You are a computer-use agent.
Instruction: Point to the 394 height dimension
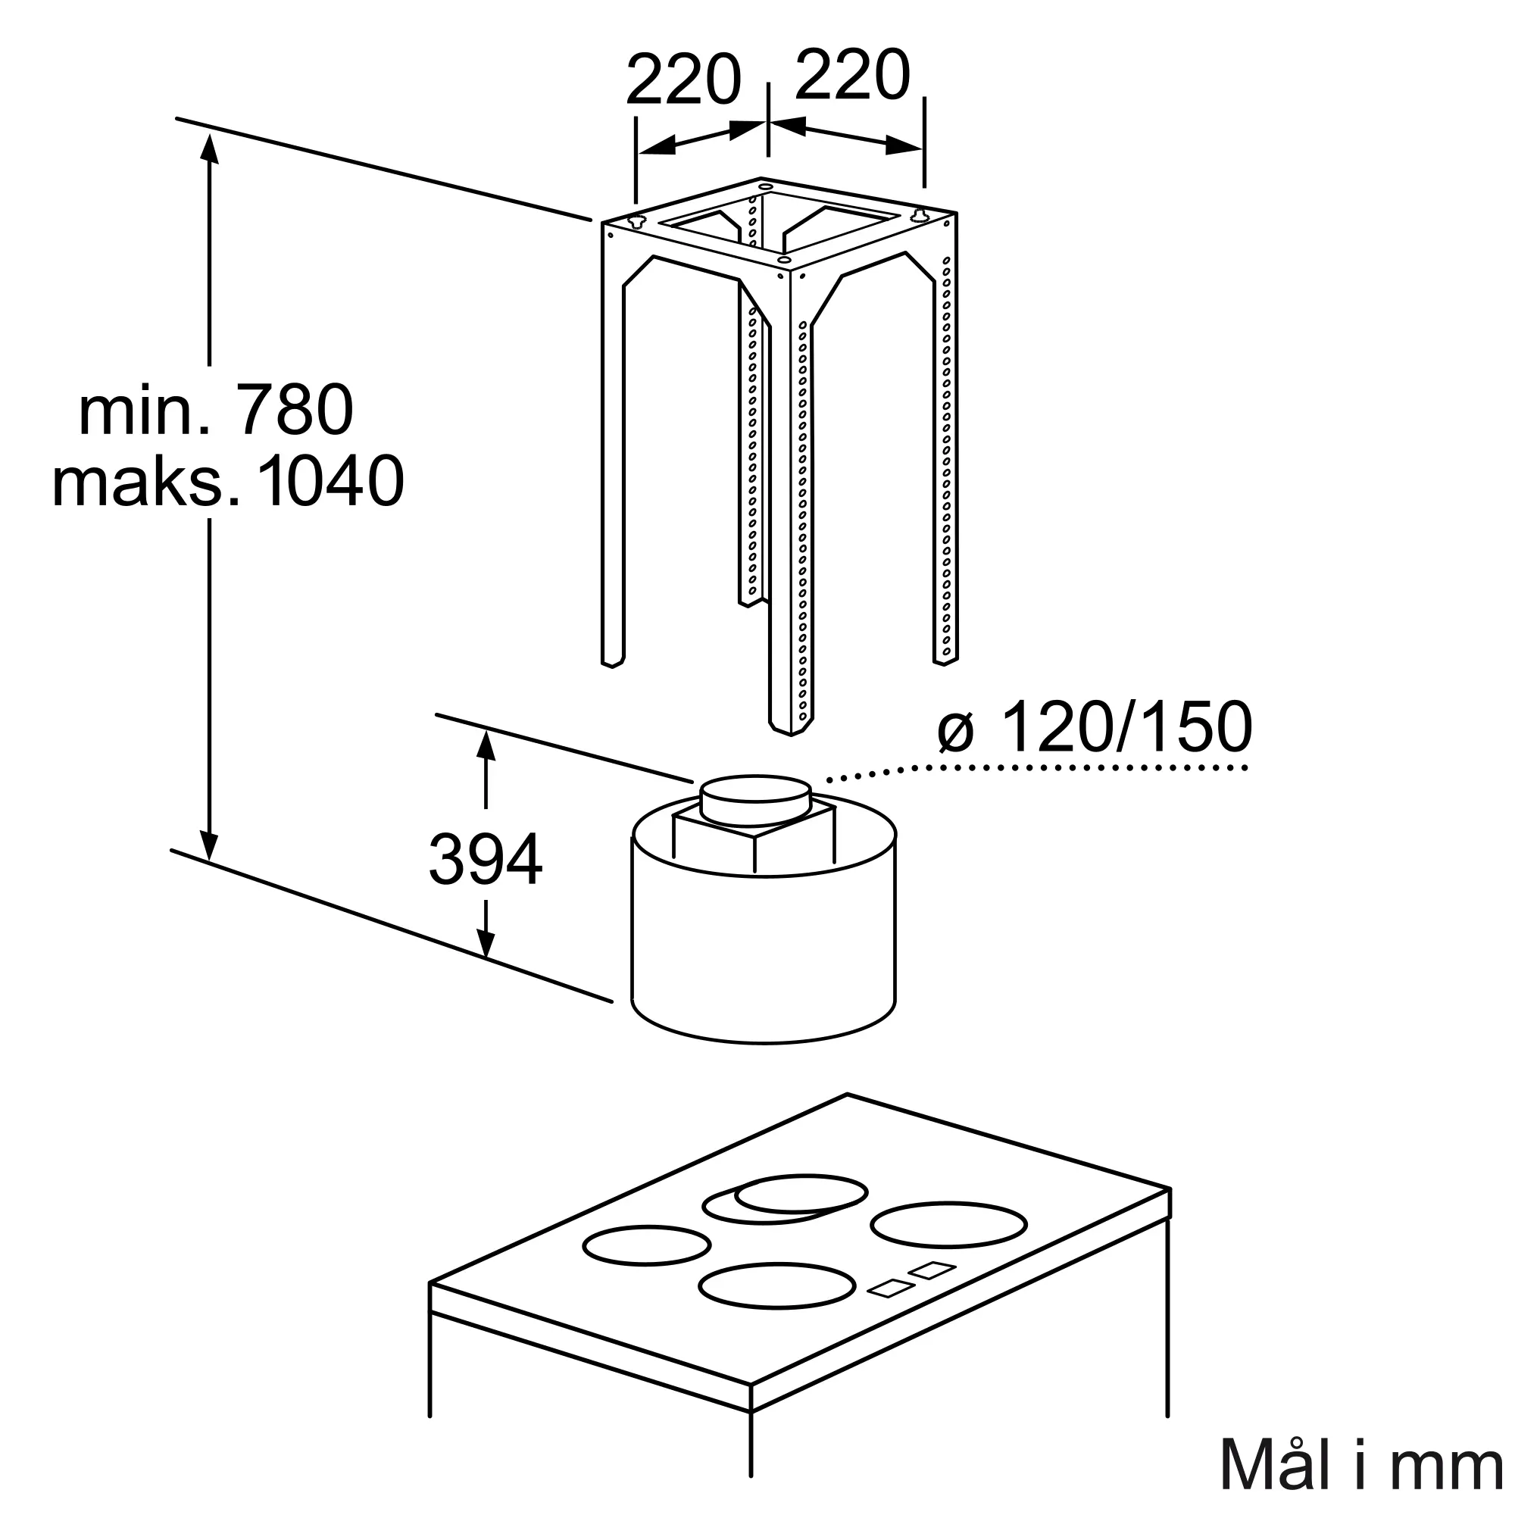pos(486,861)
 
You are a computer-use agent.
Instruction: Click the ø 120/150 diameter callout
pos(1095,726)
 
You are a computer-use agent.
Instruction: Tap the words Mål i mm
pos(1361,1464)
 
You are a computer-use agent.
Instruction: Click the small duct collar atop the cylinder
pos(756,800)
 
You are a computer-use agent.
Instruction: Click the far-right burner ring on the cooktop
pos(949,1246)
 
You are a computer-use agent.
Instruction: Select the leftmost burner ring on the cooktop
pos(647,1267)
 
